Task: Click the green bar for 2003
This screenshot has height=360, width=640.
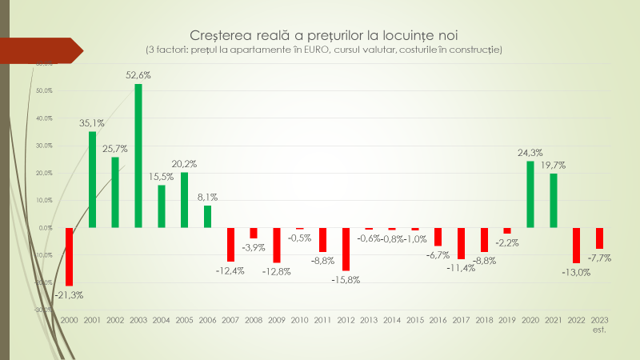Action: point(138,156)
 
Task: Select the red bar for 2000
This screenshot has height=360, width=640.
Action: point(69,256)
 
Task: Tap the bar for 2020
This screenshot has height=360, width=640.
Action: point(530,194)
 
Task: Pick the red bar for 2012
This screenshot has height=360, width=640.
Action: point(346,249)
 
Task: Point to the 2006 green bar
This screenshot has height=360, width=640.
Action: point(208,217)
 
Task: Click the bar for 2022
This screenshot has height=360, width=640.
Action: point(576,245)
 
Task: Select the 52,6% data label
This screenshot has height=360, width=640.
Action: point(138,75)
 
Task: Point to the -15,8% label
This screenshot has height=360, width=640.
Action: point(346,279)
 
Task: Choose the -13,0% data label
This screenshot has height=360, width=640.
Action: point(577,272)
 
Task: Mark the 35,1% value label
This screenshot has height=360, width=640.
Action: point(93,123)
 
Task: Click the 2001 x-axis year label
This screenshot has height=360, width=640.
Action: point(92,319)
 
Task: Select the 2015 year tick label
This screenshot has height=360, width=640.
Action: point(415,319)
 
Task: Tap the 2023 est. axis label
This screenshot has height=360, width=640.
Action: point(599,323)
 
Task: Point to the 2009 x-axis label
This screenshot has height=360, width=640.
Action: point(277,319)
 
